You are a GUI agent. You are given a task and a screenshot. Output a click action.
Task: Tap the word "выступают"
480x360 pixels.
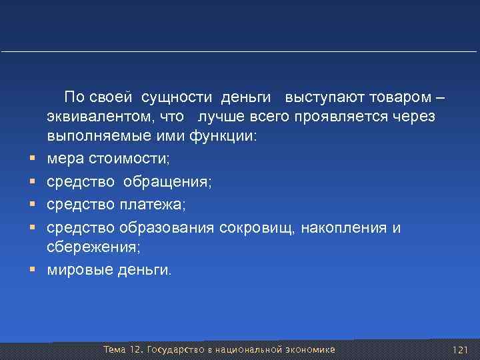pyautogui.click(x=318, y=98)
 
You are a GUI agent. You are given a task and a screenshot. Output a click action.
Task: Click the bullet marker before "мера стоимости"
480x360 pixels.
pyautogui.click(x=32, y=159)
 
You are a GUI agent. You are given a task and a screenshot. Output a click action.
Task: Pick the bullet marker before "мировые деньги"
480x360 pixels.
pyautogui.click(x=32, y=270)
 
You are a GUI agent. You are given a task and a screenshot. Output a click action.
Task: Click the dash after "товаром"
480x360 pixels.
pyautogui.click(x=437, y=98)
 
